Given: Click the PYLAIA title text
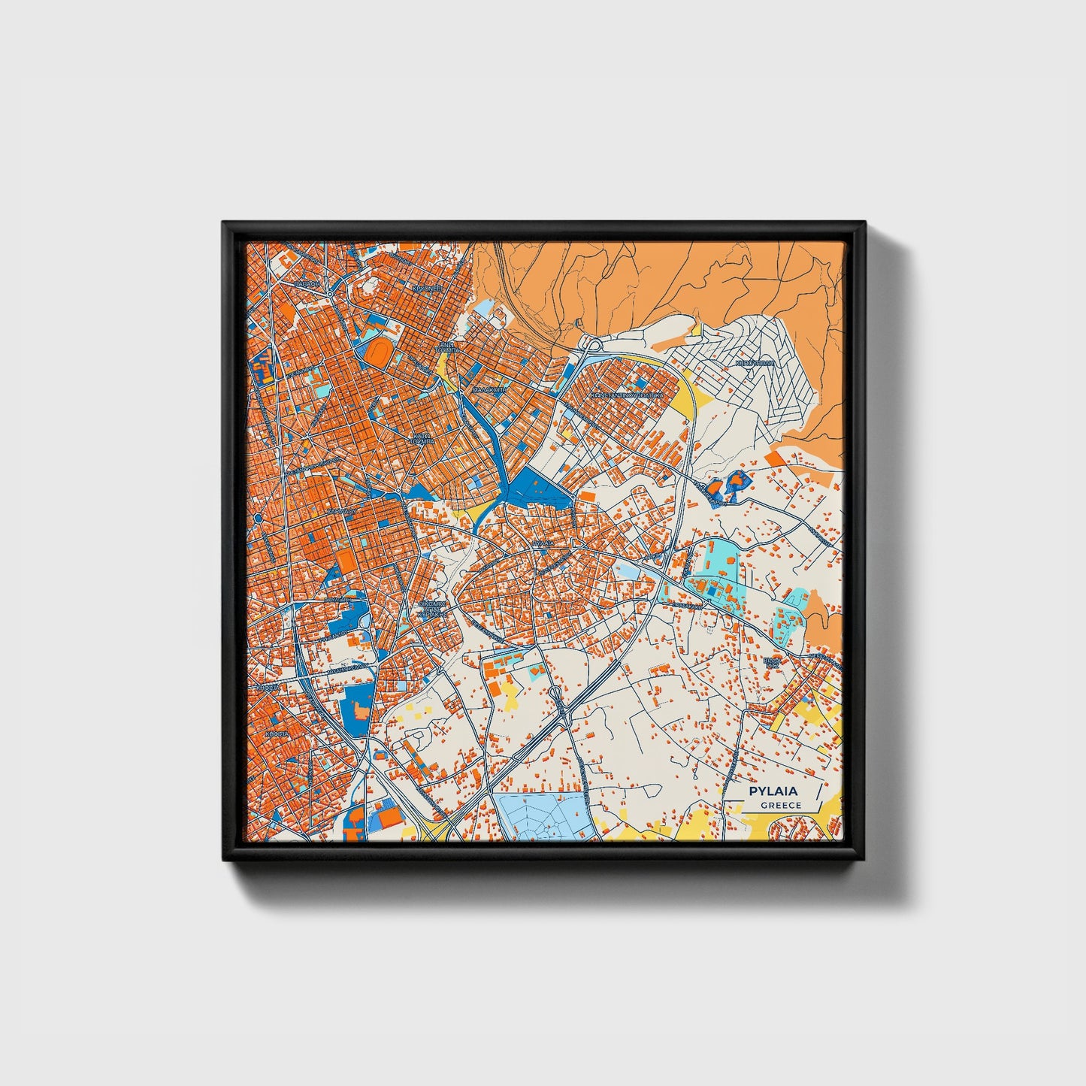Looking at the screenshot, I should (x=773, y=791).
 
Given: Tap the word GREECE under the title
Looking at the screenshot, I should (x=780, y=806).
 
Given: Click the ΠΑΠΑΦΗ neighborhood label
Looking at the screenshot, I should (x=306, y=285).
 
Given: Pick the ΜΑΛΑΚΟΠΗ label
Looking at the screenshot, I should (x=489, y=391).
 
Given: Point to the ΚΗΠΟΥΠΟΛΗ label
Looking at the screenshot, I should (x=754, y=361).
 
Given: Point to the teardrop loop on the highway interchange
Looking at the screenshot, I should (x=555, y=695).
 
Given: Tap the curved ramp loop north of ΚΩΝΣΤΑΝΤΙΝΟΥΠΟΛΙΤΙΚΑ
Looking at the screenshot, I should (x=591, y=345).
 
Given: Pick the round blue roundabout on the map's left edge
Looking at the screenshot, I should (x=258, y=517).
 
